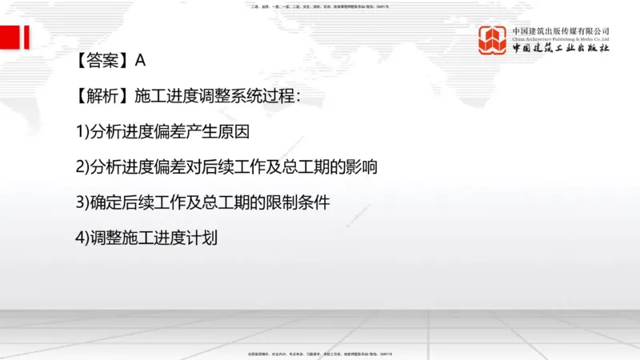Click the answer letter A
click(140, 60)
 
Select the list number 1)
click(82, 132)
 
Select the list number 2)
click(82, 167)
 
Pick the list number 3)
click(82, 202)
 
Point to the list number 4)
click(82, 238)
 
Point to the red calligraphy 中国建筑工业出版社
click(561, 49)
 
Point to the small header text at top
click(319, 6)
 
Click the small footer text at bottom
click(319, 353)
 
